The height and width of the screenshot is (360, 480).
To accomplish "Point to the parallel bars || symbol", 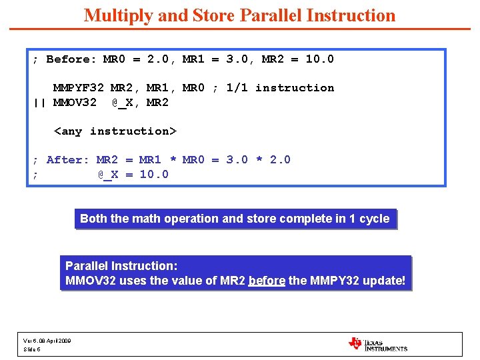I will (39, 102).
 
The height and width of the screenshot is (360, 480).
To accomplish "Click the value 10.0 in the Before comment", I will (320, 59).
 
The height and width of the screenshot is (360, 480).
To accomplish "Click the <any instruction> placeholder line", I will (114, 131).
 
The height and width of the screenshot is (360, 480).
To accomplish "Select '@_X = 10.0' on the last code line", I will (133, 175).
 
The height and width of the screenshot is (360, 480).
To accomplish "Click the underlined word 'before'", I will (267, 281).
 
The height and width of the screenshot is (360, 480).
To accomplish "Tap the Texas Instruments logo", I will (377, 344).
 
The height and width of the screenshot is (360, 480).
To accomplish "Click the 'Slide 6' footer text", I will (32, 349).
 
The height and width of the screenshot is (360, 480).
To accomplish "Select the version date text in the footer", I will (47, 341).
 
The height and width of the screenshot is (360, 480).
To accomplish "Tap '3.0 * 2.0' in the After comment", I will (258, 160).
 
